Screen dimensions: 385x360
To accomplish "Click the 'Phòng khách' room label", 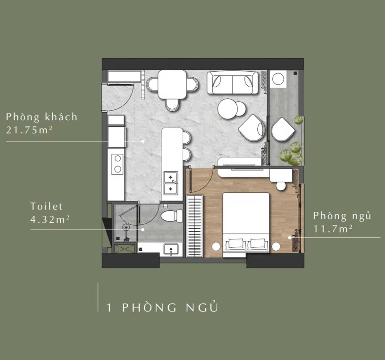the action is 42,117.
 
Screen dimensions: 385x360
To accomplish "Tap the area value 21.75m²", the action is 29,130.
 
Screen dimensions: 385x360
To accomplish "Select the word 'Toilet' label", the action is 47,206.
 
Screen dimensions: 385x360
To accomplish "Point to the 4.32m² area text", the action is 50,219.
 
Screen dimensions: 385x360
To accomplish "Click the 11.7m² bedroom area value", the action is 333,229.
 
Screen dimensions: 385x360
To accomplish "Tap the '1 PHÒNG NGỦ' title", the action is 162,307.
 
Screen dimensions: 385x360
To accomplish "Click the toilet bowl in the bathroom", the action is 172,216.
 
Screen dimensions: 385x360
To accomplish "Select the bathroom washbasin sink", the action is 171,250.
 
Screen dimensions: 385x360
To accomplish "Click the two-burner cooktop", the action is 117,164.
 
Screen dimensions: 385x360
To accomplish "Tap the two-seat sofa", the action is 232,82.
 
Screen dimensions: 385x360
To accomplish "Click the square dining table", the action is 172,84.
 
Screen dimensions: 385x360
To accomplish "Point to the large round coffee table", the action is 228,109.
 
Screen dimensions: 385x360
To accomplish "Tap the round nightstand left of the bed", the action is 216,246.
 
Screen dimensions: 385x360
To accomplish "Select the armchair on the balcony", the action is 283,130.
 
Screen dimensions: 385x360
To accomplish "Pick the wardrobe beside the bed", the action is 194,226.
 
